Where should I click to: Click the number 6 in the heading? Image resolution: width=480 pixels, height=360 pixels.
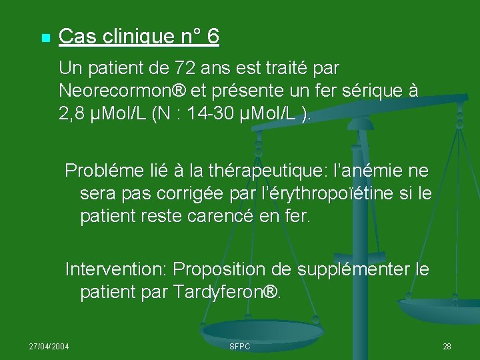point(213,37)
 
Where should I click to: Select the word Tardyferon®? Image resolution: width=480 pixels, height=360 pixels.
point(227,292)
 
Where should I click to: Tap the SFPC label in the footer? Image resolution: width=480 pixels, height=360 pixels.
point(239,347)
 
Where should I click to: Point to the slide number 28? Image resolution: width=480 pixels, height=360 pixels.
point(447,347)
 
